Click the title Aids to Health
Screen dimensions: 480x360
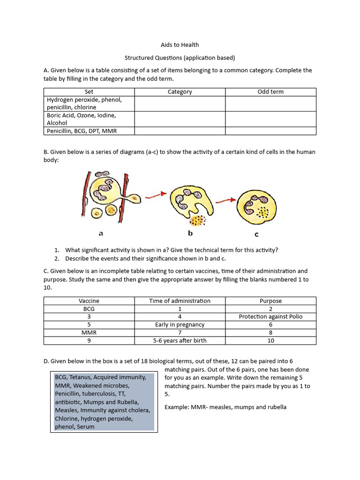click(180, 45)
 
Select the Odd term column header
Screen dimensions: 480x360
click(270, 92)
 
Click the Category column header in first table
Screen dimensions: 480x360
click(180, 92)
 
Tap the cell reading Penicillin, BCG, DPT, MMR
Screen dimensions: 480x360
click(82, 131)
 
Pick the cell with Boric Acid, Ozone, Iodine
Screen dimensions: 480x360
click(82, 119)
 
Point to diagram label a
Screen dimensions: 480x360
click(100, 233)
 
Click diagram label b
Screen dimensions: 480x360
click(190, 232)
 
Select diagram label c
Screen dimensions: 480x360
click(256, 234)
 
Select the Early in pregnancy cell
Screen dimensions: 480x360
click(180, 325)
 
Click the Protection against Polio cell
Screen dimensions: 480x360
click(270, 317)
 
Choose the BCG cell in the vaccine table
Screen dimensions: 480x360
click(89, 309)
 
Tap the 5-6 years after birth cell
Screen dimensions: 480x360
click(180, 341)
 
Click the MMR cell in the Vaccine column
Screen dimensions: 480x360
click(89, 333)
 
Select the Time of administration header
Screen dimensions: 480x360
click(180, 301)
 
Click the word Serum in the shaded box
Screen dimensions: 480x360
click(86, 427)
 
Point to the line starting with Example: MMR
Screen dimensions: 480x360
click(225, 407)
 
